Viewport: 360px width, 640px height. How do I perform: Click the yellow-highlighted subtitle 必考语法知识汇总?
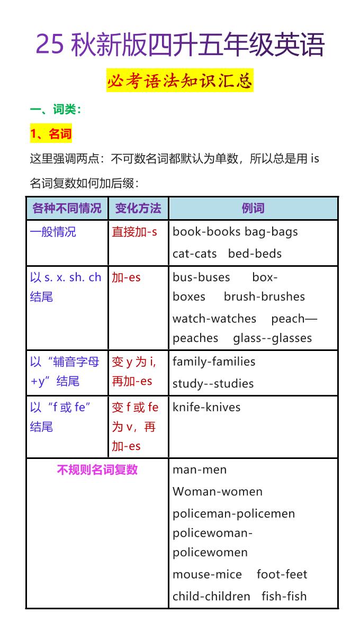[179, 81]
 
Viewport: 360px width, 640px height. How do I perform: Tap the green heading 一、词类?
[56, 110]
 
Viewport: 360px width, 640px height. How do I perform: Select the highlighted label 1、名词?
[50, 134]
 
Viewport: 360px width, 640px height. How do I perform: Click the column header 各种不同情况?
[67, 208]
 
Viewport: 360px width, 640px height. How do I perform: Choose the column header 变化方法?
[138, 208]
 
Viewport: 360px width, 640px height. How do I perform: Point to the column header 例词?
[253, 208]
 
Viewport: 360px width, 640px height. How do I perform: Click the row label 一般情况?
[53, 232]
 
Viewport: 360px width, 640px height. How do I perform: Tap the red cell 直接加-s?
[134, 232]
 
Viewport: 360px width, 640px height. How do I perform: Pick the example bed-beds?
[255, 254]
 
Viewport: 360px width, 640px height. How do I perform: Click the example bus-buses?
[201, 277]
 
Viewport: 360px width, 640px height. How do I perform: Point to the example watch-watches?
[214, 319]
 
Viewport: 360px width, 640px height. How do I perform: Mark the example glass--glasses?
[273, 338]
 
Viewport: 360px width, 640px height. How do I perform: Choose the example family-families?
[214, 362]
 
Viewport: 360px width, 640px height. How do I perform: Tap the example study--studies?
[213, 384]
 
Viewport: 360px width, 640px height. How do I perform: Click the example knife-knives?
[206, 407]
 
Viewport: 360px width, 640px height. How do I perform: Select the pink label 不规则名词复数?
[97, 470]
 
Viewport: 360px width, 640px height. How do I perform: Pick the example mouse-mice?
[207, 574]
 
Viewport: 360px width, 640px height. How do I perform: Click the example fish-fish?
[284, 596]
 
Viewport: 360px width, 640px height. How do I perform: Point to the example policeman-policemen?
[233, 513]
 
